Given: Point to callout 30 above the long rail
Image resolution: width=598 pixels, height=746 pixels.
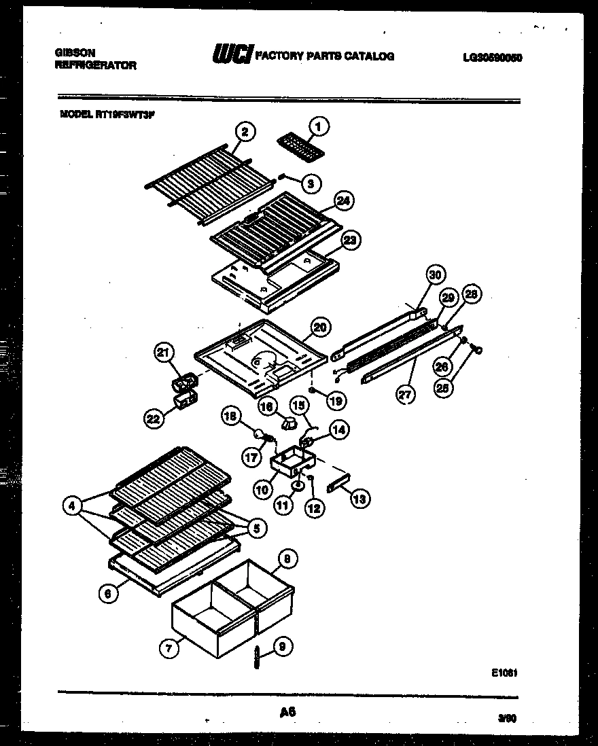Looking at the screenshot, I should point(436,275).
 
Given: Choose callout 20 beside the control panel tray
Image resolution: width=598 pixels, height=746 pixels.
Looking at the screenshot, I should point(320,327).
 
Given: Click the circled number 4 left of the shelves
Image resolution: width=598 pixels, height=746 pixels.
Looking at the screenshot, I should point(71,505).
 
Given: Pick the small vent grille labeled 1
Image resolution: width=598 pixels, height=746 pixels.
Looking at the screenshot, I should point(300,147).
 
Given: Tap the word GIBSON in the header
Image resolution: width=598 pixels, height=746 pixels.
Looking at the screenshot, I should point(75,52).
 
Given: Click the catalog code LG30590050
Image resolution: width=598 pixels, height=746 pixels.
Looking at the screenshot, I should point(492,58).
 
